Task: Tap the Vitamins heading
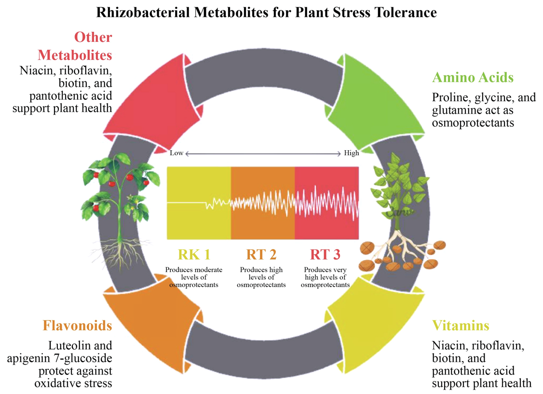point(460,326)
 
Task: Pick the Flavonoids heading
point(77,326)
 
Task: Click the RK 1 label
point(194,254)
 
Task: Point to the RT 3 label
point(326,254)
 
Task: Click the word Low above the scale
point(176,153)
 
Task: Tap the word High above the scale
point(352,153)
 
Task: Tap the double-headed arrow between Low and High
point(263,154)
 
